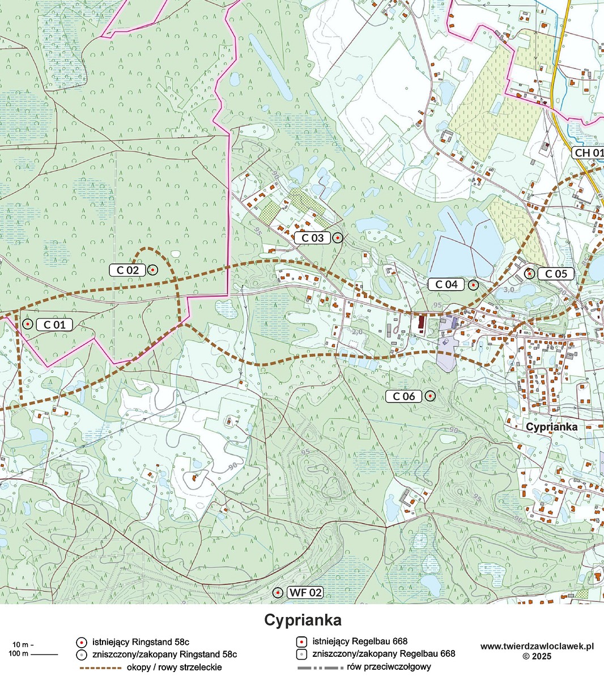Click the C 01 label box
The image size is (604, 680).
54,325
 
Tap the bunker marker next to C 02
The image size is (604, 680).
152,270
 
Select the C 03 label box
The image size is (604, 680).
312,238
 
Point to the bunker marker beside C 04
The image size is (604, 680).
473,284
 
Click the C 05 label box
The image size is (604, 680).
555,274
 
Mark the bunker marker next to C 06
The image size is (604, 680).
430,396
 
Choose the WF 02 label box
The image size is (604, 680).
306,593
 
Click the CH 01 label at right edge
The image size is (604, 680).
589,153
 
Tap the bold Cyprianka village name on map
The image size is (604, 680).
551,427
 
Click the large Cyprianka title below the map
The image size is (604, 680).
303,620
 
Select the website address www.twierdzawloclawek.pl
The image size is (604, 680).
537,646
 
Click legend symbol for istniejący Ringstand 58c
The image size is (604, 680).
82,642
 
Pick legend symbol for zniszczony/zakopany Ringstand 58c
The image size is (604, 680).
82,654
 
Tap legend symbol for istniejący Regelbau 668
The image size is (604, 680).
302,642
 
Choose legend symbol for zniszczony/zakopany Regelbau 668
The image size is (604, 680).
302,654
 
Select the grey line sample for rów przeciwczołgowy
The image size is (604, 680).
321,668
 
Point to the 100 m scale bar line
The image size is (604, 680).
44,654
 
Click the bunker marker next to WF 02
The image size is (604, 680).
278,593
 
